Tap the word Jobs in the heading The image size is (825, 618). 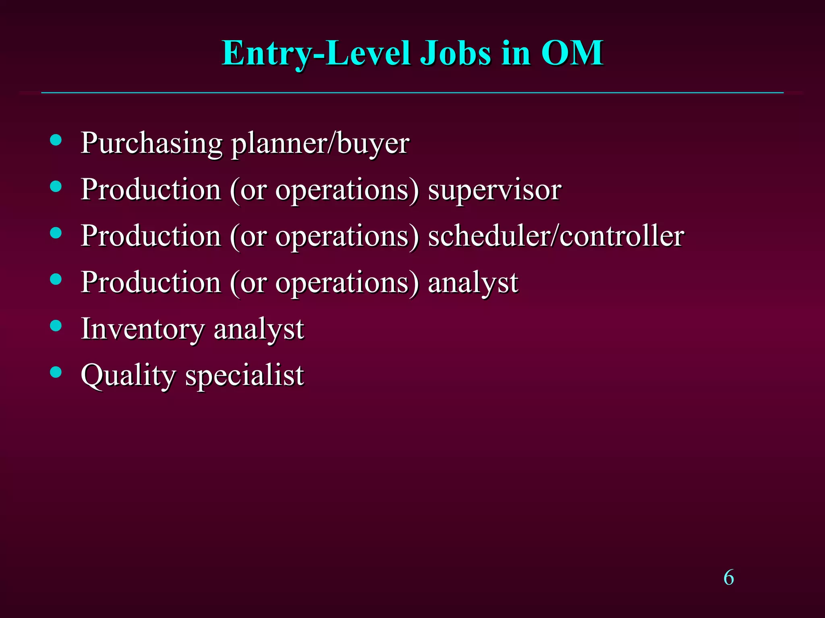pyautogui.click(x=455, y=54)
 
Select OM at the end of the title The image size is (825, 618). pyautogui.click(x=572, y=54)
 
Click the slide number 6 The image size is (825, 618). pyautogui.click(x=728, y=578)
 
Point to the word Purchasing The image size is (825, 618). pyautogui.click(x=151, y=144)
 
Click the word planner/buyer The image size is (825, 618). pyautogui.click(x=320, y=144)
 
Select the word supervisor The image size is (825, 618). pyautogui.click(x=494, y=190)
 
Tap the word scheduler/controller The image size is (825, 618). pyautogui.click(x=556, y=236)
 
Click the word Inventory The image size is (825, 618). pyautogui.click(x=143, y=329)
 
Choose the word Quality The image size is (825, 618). pyautogui.click(x=128, y=375)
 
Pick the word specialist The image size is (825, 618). pyautogui.click(x=245, y=375)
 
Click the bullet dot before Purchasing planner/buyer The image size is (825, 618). pyautogui.click(x=56, y=140)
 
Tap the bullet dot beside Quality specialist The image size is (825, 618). pyautogui.click(x=56, y=372)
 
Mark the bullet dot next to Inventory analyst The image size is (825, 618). pyautogui.click(x=56, y=325)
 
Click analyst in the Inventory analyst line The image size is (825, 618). pyautogui.click(x=259, y=329)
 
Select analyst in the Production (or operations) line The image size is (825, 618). pyautogui.click(x=473, y=283)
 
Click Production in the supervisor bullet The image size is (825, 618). pyautogui.click(x=151, y=190)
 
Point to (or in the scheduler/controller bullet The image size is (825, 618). pyautogui.click(x=248, y=236)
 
